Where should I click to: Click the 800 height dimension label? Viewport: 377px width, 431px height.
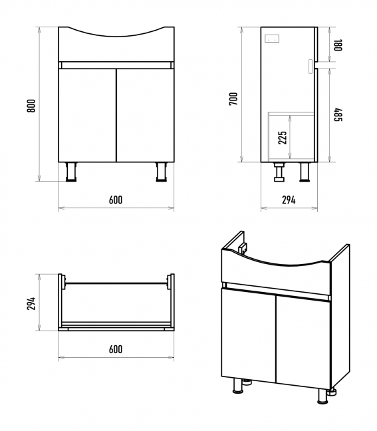(31, 106)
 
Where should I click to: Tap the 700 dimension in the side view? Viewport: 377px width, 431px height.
(233, 99)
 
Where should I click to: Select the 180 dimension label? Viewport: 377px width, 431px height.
(338, 45)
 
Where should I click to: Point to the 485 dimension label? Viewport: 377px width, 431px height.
(338, 114)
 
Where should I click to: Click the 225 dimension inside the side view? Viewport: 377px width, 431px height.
(282, 138)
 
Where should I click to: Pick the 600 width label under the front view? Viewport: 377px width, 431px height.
(116, 200)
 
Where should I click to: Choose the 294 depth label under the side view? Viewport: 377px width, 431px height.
(289, 200)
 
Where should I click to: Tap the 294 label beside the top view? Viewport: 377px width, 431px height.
(31, 303)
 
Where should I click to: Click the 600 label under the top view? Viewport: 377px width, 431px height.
(116, 349)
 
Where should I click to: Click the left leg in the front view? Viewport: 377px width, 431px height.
(71, 172)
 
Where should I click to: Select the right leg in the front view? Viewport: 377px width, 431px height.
(162, 172)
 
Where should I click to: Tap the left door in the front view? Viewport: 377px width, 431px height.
(87, 115)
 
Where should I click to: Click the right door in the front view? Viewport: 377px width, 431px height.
(146, 115)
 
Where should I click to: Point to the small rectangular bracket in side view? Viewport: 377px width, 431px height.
(272, 38)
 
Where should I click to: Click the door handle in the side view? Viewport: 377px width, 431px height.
(311, 67)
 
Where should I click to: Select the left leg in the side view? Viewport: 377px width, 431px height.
(279, 172)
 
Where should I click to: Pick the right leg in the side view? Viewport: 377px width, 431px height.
(305, 172)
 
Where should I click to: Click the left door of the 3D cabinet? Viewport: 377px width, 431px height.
(249, 334)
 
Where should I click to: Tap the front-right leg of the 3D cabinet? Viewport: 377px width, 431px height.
(323, 396)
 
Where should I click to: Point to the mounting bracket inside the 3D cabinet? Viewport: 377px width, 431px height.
(242, 249)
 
